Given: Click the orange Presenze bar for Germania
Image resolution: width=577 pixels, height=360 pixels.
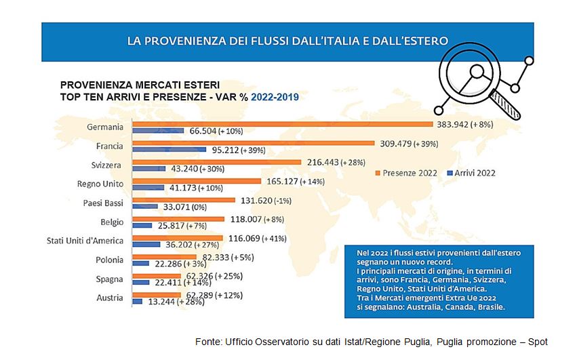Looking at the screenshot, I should [282, 124].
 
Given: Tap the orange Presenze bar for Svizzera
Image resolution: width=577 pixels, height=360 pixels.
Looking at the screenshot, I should [216, 162].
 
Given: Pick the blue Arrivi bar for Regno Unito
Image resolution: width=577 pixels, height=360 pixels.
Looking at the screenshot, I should [148, 187].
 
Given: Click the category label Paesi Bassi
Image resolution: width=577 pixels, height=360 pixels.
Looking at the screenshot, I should [103, 202].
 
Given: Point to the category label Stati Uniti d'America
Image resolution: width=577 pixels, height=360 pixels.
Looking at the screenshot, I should [85, 240].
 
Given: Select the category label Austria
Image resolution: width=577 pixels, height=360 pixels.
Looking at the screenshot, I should [110, 298].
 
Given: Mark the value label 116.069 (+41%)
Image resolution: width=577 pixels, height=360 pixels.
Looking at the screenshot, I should [260, 238].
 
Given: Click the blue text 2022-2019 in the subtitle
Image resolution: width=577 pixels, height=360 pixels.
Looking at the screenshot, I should [275, 97].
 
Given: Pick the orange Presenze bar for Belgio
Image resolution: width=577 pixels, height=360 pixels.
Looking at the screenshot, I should [178, 219].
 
